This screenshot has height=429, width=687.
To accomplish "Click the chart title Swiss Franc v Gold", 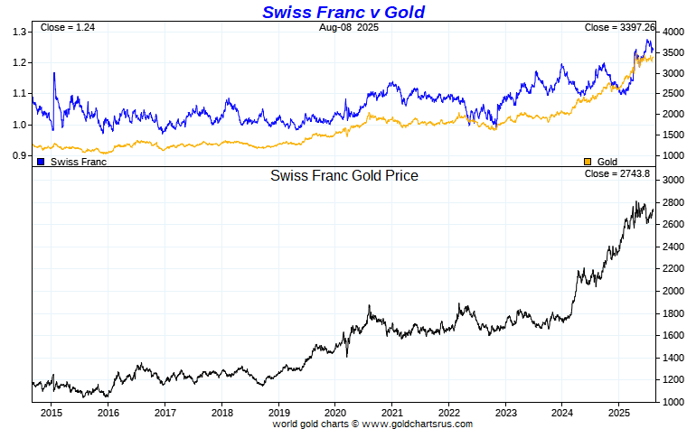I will point(343,12).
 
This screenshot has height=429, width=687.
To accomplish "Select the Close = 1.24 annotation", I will point(68,28).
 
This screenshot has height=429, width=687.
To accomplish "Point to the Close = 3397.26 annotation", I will point(619,28).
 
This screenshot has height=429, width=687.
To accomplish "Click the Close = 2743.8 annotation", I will point(619,173).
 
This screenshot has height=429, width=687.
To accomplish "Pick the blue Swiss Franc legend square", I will point(41,162).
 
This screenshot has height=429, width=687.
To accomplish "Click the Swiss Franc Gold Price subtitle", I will point(343,176).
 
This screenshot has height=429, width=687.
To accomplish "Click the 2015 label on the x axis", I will point(51,412).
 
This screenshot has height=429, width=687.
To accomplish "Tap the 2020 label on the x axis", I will point(334,412).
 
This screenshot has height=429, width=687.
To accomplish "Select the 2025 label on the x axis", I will point(618,412).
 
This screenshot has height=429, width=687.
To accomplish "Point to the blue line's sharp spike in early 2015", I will point(54,73).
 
